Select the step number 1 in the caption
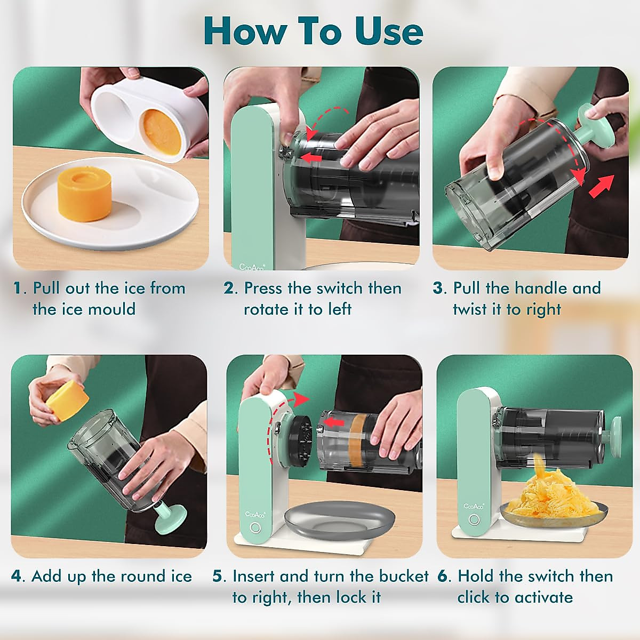(x=19, y=289)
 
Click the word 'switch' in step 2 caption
(x=340, y=289)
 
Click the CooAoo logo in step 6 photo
(x=474, y=506)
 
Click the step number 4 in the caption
(x=17, y=577)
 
